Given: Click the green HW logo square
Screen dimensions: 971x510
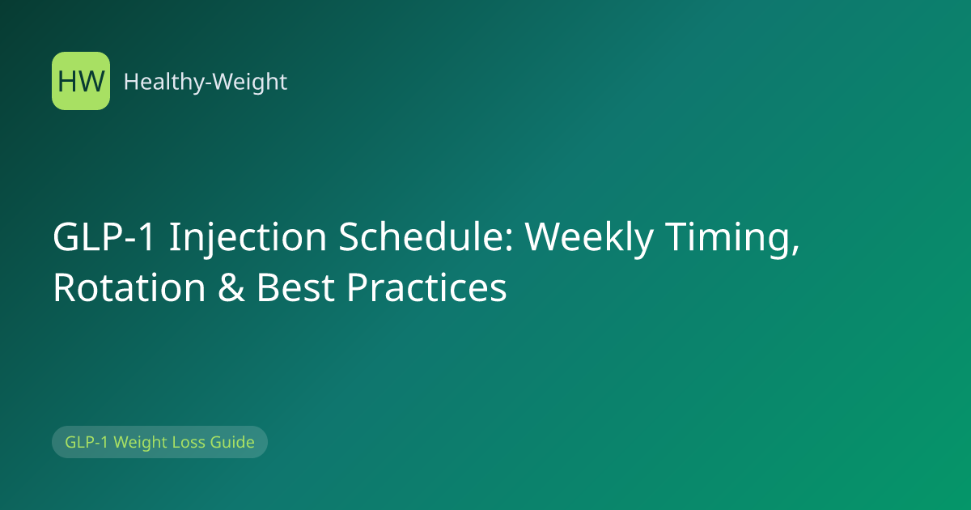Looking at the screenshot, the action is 81,81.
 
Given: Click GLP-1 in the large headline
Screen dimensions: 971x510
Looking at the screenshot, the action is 104,236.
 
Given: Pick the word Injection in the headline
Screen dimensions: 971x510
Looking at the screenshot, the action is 248,238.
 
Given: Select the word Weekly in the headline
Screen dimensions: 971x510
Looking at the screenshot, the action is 589,238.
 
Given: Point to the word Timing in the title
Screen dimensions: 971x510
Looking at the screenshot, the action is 726,238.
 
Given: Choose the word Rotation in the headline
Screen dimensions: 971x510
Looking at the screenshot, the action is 129,287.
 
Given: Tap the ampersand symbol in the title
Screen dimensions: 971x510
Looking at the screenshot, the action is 231,287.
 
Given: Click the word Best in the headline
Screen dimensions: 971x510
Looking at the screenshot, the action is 295,287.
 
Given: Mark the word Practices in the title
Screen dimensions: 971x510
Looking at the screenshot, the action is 426,287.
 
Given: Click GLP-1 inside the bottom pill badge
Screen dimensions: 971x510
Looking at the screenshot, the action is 87,442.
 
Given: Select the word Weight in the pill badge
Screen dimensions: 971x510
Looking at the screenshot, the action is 140,443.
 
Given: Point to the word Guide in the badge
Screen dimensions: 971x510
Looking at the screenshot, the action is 232,442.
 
